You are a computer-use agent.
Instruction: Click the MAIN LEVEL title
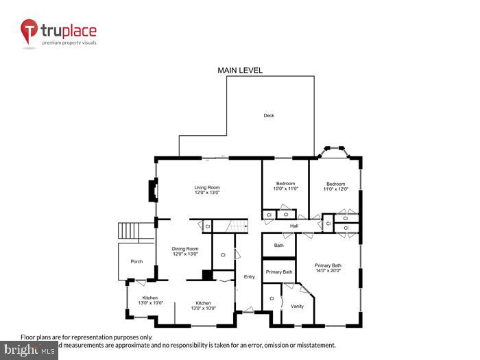(x=240, y=70)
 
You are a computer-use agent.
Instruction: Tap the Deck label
(x=269, y=115)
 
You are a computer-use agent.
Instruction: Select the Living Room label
(x=206, y=187)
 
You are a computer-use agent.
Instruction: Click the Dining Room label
(x=185, y=248)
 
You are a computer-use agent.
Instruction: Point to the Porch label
(x=136, y=261)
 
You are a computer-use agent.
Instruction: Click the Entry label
(x=249, y=276)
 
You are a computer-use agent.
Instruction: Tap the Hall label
(x=294, y=226)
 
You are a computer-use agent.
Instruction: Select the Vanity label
(x=297, y=306)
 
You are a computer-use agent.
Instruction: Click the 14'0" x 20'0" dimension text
(x=328, y=270)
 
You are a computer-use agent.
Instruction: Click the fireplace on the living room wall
(x=153, y=190)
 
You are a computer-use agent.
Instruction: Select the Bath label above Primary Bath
(x=279, y=245)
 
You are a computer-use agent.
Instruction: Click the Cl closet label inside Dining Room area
(x=223, y=255)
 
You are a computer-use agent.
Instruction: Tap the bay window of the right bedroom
(x=335, y=150)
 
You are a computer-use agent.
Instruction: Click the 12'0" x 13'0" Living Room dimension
(x=206, y=193)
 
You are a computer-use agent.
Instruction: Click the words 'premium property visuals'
(x=69, y=43)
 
